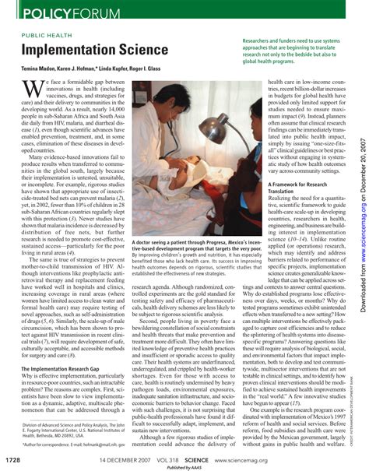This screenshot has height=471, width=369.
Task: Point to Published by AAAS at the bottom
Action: (184, 467)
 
